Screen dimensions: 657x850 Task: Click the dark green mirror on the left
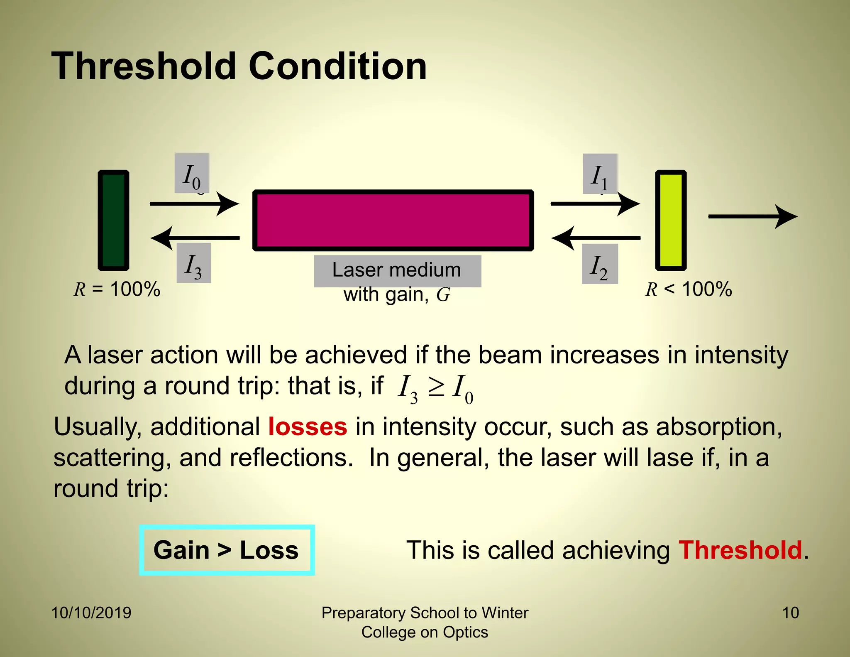click(x=113, y=220)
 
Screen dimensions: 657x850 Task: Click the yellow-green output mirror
click(x=671, y=220)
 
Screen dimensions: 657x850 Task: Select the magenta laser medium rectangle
click(x=393, y=220)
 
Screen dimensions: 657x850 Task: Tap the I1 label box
click(x=600, y=174)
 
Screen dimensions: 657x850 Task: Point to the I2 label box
click(x=600, y=264)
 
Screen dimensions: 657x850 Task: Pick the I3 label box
click(x=194, y=263)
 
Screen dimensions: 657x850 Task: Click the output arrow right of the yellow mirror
click(x=752, y=216)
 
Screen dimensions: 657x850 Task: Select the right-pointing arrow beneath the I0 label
click(x=194, y=203)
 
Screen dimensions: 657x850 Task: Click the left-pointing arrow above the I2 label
click(x=596, y=238)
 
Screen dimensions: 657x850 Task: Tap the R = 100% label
click(x=117, y=289)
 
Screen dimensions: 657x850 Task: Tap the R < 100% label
click(x=689, y=289)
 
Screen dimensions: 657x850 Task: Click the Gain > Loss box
click(x=227, y=550)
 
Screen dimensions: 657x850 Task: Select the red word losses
click(x=308, y=427)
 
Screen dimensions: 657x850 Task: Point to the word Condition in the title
click(x=337, y=66)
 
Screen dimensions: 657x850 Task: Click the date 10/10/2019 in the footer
click(x=91, y=613)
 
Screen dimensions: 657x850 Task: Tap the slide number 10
click(x=790, y=613)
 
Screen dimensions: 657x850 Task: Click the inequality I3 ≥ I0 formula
click(x=435, y=388)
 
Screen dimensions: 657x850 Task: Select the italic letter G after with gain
click(x=443, y=295)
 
